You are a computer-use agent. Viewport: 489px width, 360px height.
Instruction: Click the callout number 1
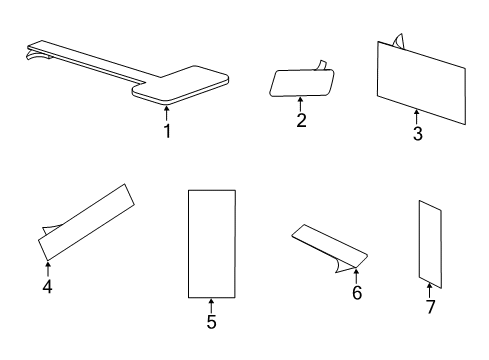[x=167, y=131]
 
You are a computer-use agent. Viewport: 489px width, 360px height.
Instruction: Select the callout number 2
[x=301, y=120]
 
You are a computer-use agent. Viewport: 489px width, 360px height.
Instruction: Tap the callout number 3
[x=418, y=134]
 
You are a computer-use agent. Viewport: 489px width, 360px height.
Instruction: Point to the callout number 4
[x=47, y=286]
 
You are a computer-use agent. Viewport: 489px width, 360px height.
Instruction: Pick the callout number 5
[x=211, y=322]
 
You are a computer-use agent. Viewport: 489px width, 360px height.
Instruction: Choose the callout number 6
[x=357, y=293]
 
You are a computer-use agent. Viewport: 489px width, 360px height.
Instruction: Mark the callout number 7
[x=431, y=307]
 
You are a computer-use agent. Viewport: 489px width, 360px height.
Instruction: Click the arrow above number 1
[x=166, y=113]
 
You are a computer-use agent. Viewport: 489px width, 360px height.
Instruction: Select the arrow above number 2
[x=300, y=104]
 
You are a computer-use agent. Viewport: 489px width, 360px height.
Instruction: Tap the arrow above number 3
[x=416, y=117]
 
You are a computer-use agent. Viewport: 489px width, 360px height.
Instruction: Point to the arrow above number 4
[x=48, y=269]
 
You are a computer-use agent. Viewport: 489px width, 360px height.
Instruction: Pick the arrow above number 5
[x=211, y=306]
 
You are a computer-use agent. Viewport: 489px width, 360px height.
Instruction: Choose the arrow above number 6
[x=356, y=277]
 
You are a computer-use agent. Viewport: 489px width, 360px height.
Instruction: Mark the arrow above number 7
[x=429, y=290]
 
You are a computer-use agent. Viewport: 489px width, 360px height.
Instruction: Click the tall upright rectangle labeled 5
[x=212, y=244]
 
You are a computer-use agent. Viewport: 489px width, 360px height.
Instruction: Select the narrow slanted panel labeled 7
[x=430, y=244]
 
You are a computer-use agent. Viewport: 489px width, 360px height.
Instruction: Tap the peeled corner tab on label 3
[x=398, y=41]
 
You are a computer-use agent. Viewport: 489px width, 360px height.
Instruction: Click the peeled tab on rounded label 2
[x=321, y=65]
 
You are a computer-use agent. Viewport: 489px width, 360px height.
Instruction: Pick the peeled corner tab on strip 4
[x=50, y=229]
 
